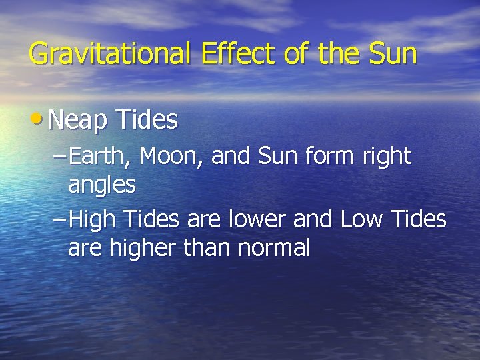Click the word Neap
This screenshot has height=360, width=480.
[x=77, y=121]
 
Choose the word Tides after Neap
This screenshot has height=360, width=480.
[x=147, y=121]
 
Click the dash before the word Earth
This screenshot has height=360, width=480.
[x=59, y=157]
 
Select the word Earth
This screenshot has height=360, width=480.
[x=101, y=157]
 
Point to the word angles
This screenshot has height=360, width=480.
[x=101, y=185]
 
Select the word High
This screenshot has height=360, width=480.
[x=91, y=219]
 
